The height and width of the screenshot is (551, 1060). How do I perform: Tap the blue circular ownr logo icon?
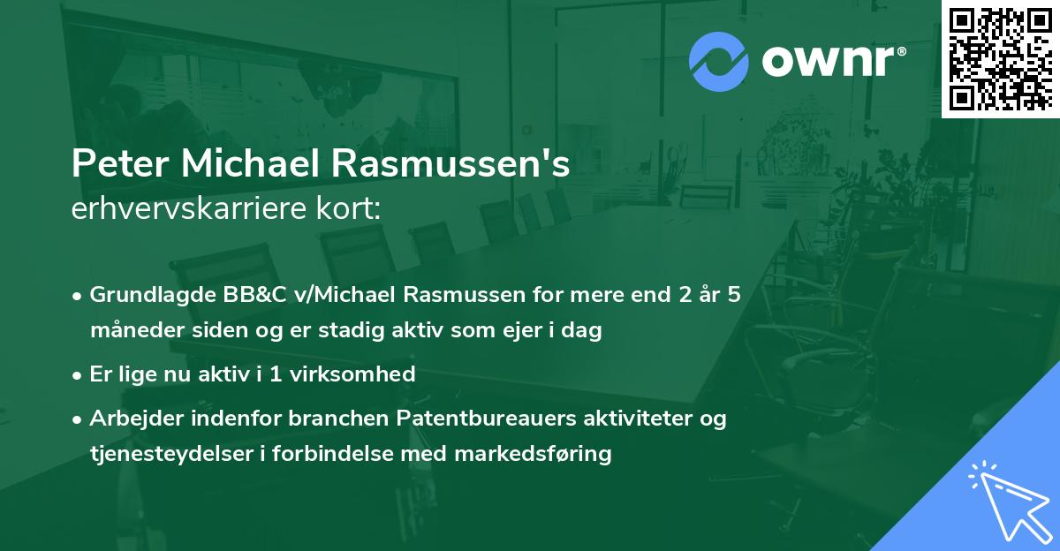(x=719, y=62)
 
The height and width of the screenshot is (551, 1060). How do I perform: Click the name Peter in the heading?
(x=113, y=165)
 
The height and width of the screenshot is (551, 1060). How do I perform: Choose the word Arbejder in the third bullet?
(x=131, y=418)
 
